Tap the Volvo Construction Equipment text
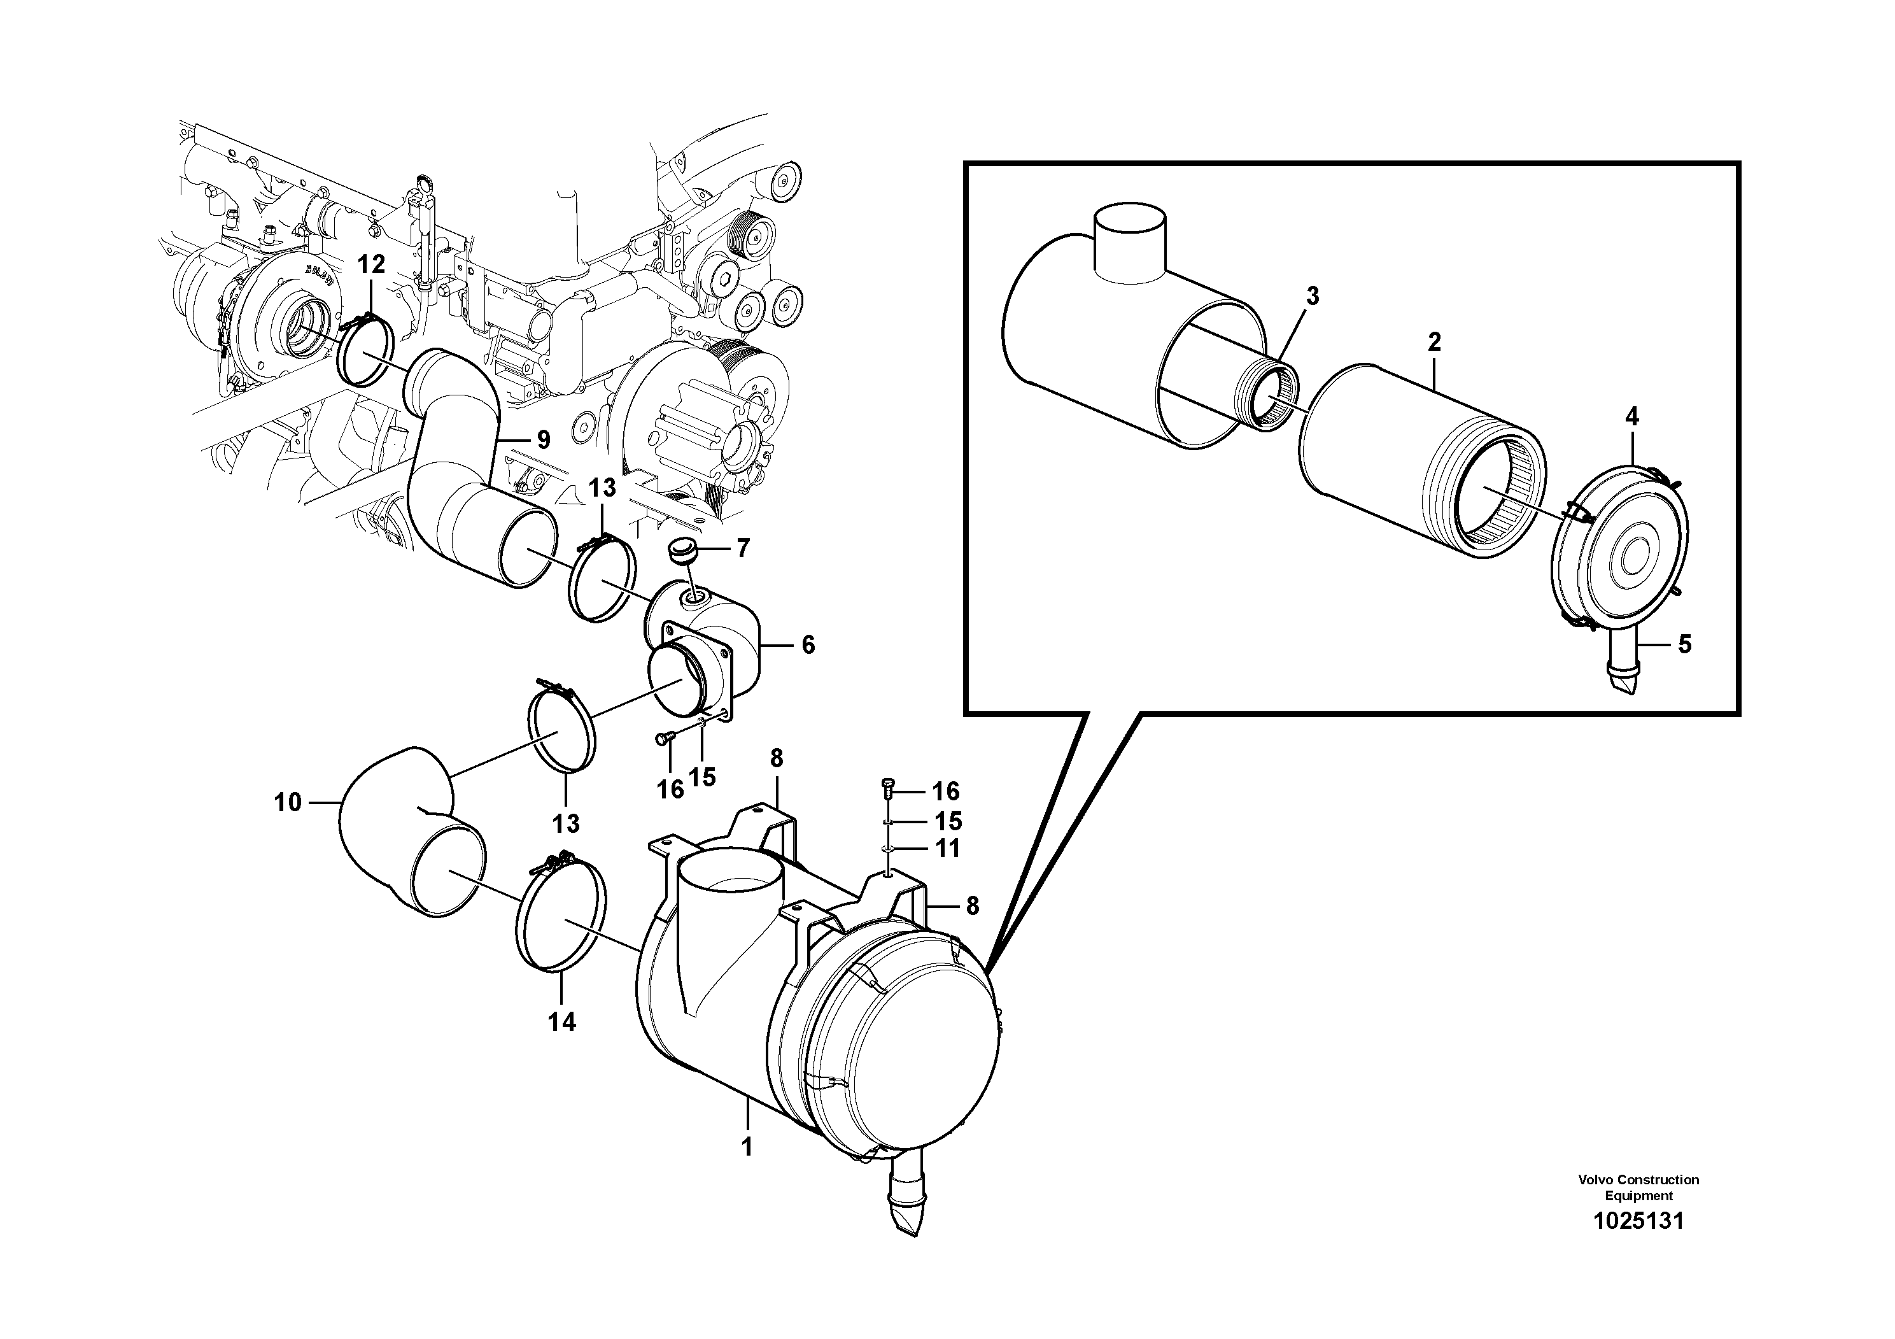point(1638,1187)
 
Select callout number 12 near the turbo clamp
point(371,264)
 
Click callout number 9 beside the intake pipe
point(543,440)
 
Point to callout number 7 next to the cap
point(743,548)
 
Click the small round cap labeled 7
point(684,551)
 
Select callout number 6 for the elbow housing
point(808,645)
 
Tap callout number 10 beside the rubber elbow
point(288,802)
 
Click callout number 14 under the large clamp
point(561,1022)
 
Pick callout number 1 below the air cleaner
point(747,1147)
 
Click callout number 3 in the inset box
point(1313,295)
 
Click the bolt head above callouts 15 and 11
point(888,785)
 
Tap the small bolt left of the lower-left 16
point(663,739)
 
